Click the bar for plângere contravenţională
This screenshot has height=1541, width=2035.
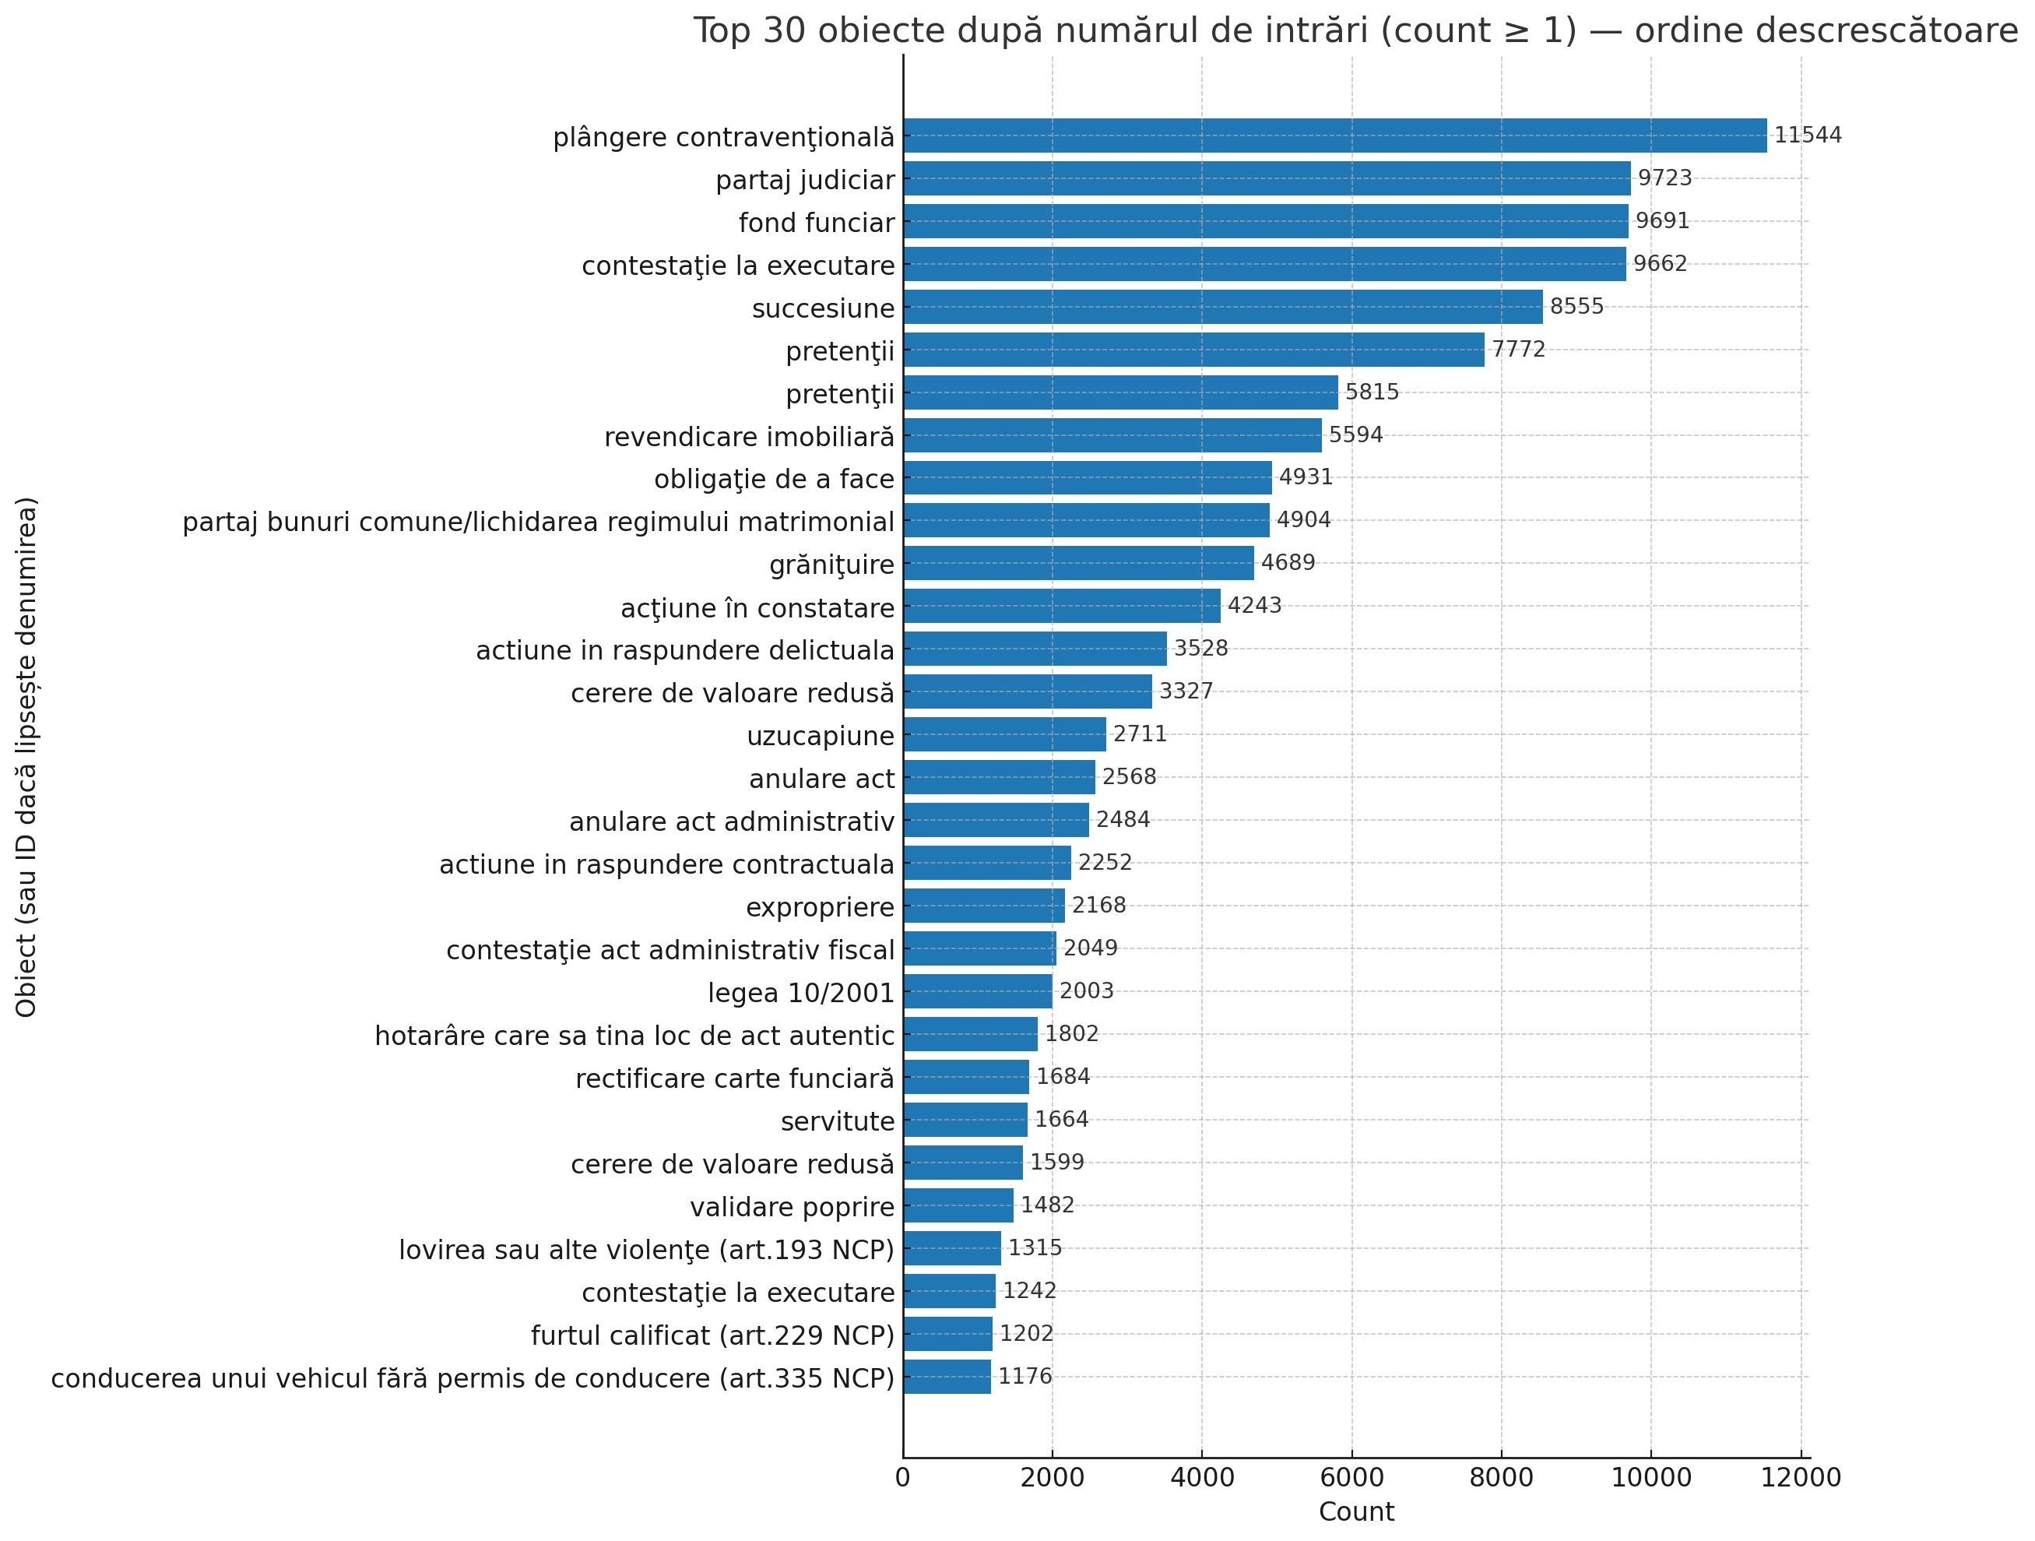point(1334,135)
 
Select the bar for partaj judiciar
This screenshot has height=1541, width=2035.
point(1266,178)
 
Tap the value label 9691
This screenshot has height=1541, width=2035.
point(1661,221)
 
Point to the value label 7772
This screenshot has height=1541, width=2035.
point(1518,350)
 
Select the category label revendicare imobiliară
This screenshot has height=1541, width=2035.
point(749,437)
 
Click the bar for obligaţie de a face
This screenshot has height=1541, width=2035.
point(1087,477)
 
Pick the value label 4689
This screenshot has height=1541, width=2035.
point(1287,563)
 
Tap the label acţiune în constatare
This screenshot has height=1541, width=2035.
point(757,608)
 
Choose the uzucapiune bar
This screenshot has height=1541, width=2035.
point(1003,734)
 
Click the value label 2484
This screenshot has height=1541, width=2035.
point(1123,820)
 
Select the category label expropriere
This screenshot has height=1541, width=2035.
point(820,907)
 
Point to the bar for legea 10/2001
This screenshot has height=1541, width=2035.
point(977,990)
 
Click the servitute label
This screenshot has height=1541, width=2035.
point(837,1121)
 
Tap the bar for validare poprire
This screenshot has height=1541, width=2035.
point(958,1205)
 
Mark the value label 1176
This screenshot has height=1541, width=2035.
point(1025,1377)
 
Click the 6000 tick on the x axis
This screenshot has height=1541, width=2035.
point(1351,1477)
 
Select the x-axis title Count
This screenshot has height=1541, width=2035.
point(1356,1511)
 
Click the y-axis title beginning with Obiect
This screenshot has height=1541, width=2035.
point(26,756)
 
